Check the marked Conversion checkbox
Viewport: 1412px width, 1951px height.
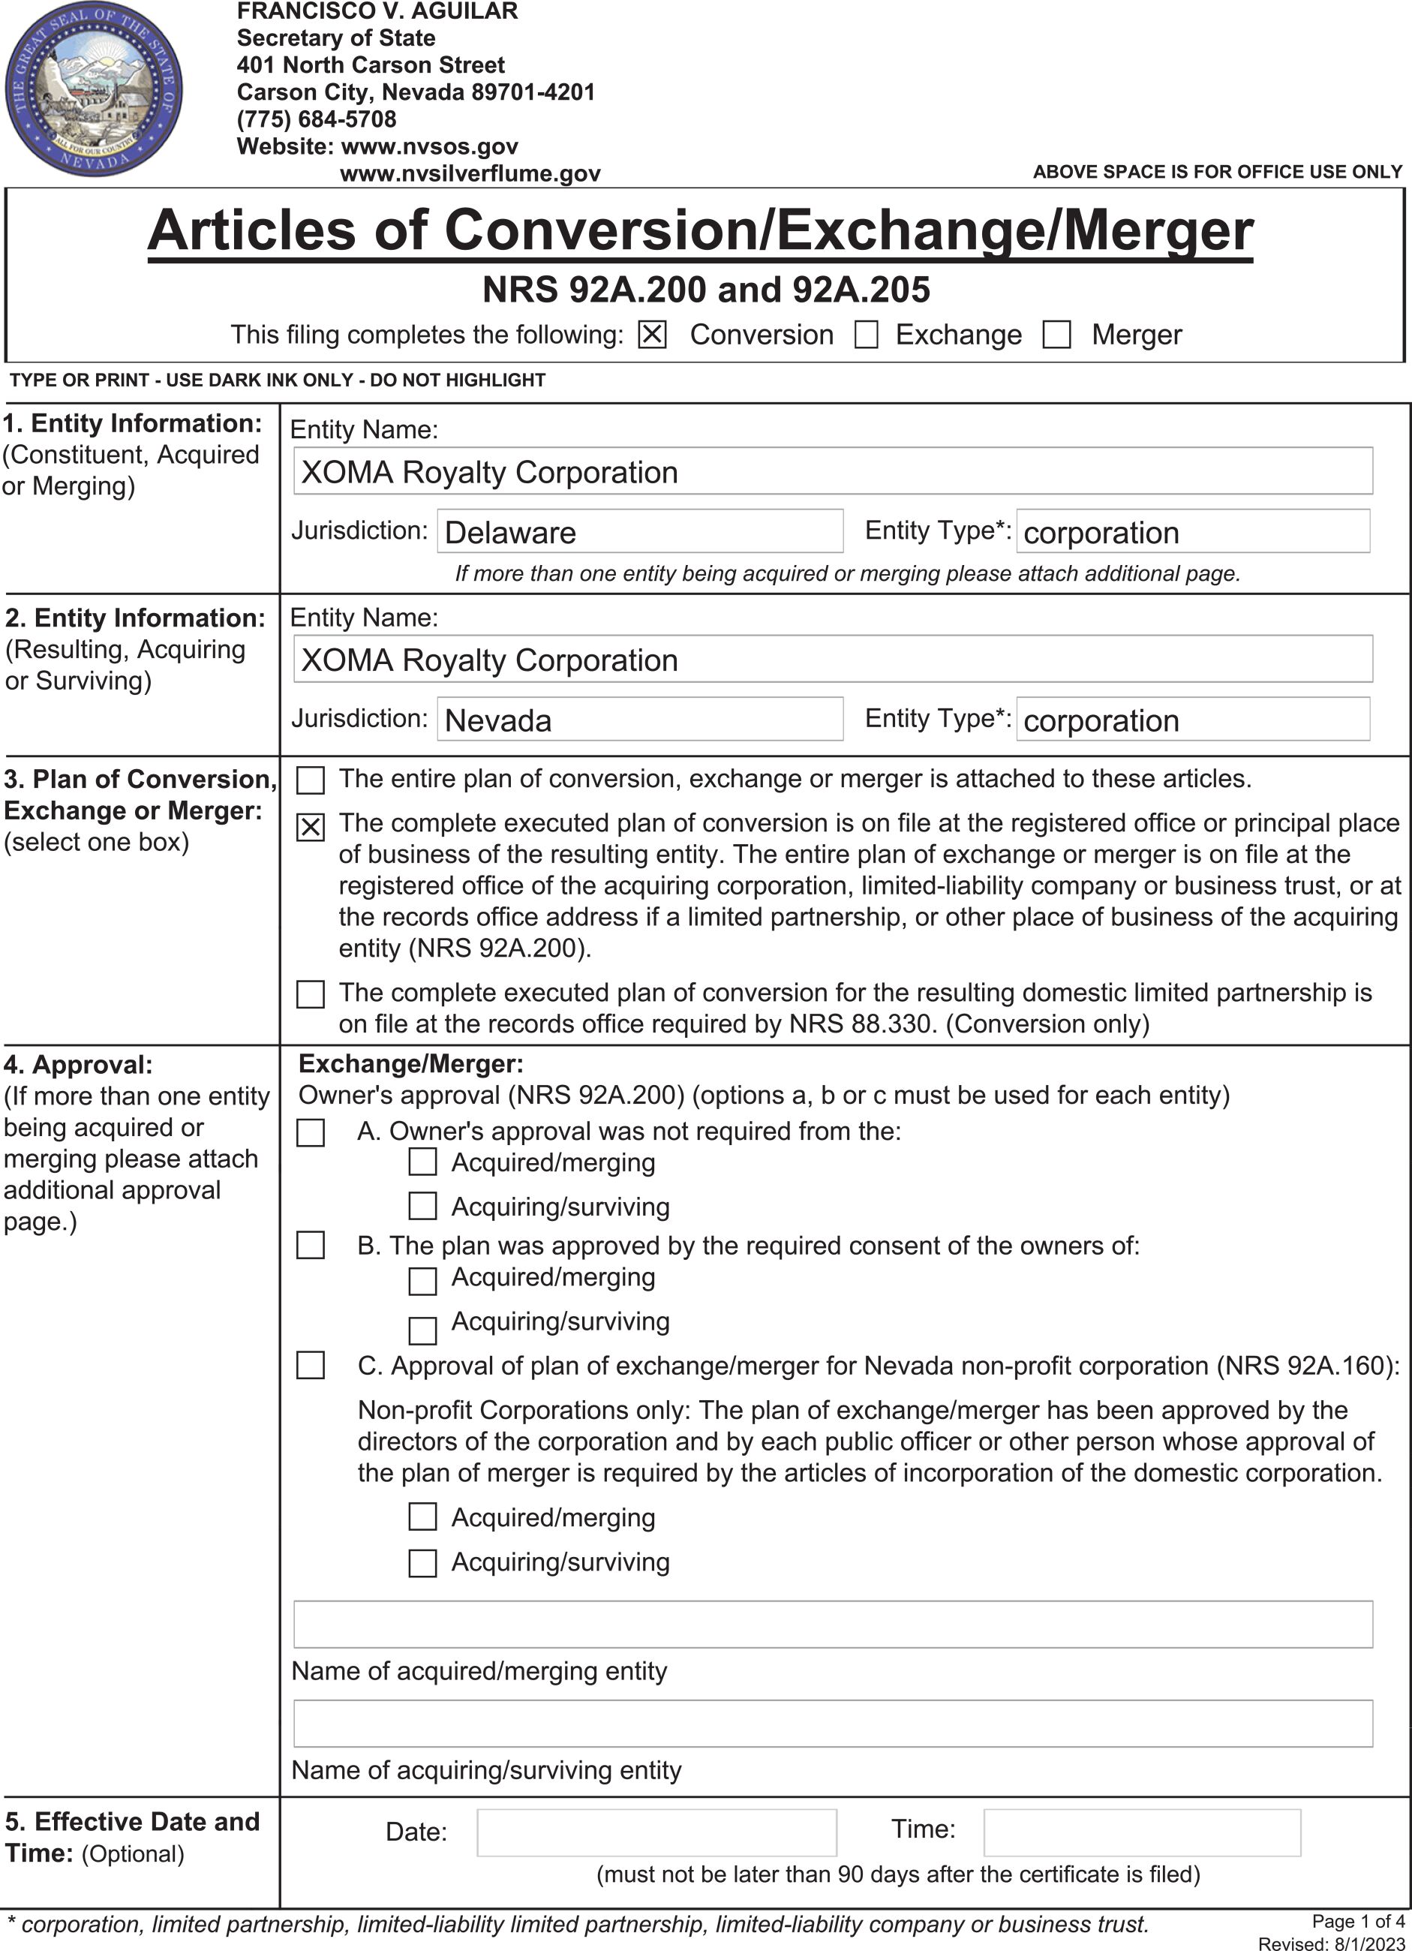(x=652, y=335)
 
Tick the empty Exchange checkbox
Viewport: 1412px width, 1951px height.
(x=866, y=335)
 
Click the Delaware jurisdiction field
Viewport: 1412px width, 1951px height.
(x=640, y=531)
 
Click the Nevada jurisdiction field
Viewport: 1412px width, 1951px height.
(x=640, y=719)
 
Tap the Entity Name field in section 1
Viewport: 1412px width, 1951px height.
(x=832, y=471)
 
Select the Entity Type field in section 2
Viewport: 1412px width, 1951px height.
(x=1193, y=719)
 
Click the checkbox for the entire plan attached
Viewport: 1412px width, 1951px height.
(x=311, y=780)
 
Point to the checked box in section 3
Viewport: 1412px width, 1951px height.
(x=311, y=827)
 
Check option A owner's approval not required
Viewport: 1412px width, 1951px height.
(x=311, y=1132)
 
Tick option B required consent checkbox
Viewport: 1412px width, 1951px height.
(x=311, y=1246)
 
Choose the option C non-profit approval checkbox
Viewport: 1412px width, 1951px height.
(x=311, y=1365)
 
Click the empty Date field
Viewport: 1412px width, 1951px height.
(x=656, y=1832)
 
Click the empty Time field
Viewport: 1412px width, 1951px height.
(x=1141, y=1832)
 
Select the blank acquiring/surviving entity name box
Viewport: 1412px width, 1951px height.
(x=832, y=1723)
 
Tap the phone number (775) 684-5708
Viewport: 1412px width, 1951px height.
(x=317, y=119)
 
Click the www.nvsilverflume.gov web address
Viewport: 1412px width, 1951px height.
(x=470, y=174)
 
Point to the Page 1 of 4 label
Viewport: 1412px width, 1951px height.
(x=1358, y=1921)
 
